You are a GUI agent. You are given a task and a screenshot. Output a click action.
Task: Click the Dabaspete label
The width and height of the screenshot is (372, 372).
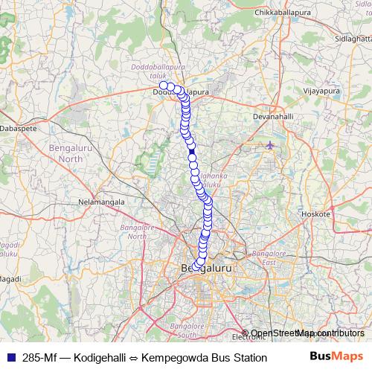tap(23, 128)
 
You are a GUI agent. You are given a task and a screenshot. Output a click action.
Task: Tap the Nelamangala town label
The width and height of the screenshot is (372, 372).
tap(101, 202)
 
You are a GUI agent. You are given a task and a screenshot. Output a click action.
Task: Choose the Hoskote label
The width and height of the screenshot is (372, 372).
tap(315, 214)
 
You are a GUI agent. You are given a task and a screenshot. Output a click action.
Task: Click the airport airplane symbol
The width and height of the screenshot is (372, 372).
tap(270, 145)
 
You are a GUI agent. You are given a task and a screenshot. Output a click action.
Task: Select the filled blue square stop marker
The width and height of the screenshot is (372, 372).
tap(192, 153)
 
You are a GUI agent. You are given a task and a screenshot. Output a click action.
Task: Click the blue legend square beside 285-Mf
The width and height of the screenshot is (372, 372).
tap(9, 358)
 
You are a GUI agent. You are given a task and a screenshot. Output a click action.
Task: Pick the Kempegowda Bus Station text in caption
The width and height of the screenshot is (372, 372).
tap(204, 358)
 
